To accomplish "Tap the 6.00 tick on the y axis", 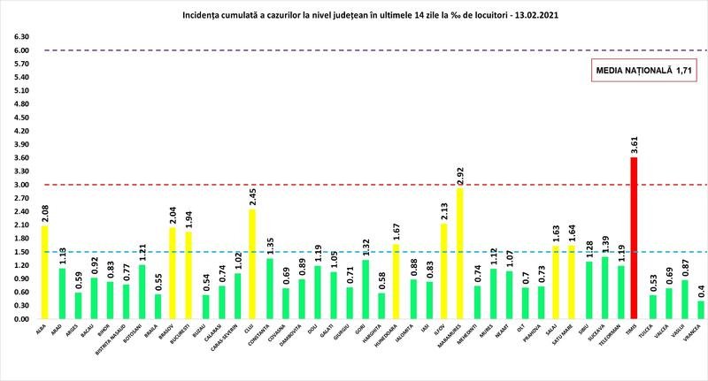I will [19, 50].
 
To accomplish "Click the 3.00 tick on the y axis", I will [19, 185].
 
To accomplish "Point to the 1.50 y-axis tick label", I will [19, 251].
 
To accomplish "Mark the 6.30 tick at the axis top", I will [19, 37].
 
